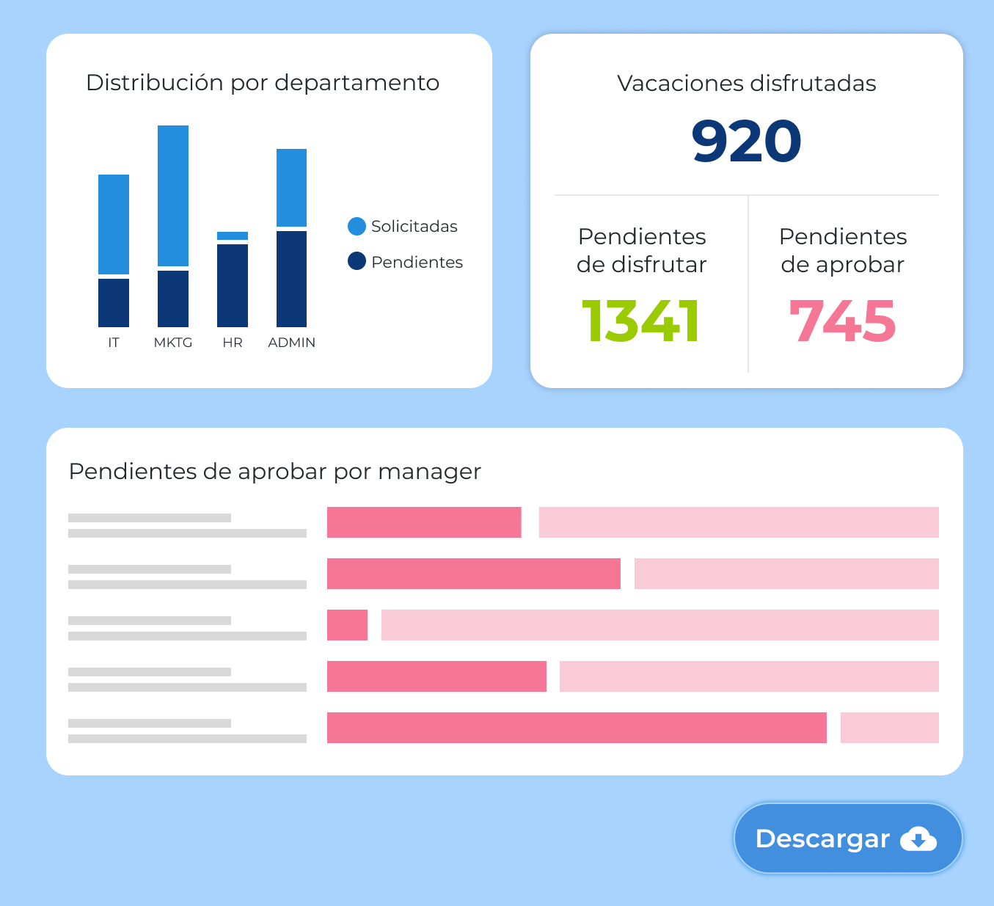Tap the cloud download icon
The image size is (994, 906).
pyautogui.click(x=918, y=839)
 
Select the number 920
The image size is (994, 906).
pyautogui.click(x=746, y=141)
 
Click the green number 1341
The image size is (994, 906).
pyautogui.click(x=640, y=321)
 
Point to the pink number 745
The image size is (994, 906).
pyautogui.click(x=842, y=321)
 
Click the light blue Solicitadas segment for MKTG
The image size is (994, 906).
pyautogui.click(x=173, y=196)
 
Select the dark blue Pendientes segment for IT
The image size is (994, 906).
pyautogui.click(x=114, y=302)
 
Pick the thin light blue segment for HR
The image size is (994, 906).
pyautogui.click(x=233, y=235)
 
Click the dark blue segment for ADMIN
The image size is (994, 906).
pyautogui.click(x=291, y=279)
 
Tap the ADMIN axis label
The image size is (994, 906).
pyautogui.click(x=291, y=343)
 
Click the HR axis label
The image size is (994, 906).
pyautogui.click(x=233, y=343)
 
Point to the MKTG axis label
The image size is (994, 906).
pyautogui.click(x=173, y=343)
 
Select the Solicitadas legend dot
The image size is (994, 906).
pyautogui.click(x=357, y=226)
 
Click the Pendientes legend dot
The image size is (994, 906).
pyautogui.click(x=357, y=261)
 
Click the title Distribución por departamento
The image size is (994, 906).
pyautogui.click(x=263, y=83)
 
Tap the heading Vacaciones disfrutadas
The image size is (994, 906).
pyautogui.click(x=746, y=84)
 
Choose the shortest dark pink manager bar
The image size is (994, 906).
pyautogui.click(x=347, y=625)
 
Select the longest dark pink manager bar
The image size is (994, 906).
pyautogui.click(x=577, y=728)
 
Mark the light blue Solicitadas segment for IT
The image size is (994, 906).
pyautogui.click(x=114, y=224)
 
